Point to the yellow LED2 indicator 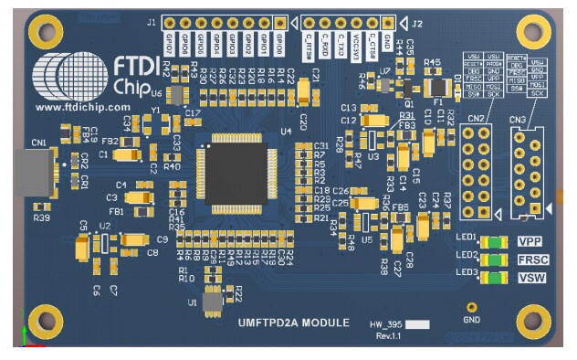(494, 259)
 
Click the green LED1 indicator (494, 243)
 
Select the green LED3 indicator (494, 276)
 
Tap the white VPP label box (531, 242)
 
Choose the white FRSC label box (531, 259)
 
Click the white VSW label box (531, 276)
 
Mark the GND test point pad (472, 310)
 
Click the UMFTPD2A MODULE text (292, 323)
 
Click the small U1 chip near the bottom (214, 302)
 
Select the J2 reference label (416, 22)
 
